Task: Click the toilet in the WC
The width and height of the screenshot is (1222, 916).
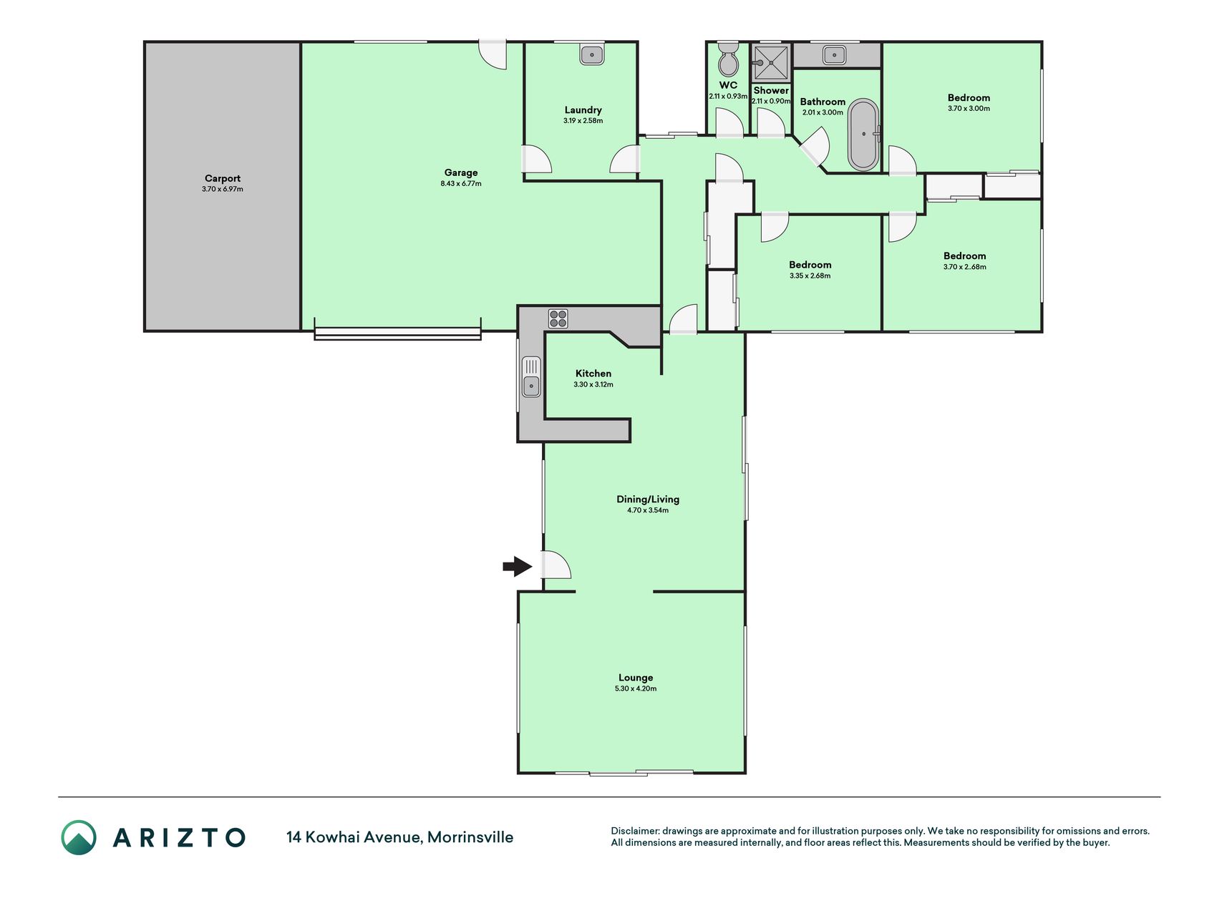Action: pos(728,59)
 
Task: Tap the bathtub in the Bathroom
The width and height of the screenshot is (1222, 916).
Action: pos(863,135)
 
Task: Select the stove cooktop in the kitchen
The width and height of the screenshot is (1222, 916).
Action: pos(558,318)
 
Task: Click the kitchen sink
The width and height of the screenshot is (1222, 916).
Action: pos(531,376)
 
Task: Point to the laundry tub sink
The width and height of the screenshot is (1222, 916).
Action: pos(592,54)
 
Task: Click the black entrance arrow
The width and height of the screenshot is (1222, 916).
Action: pos(517,567)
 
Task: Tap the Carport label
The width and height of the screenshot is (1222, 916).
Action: pos(223,178)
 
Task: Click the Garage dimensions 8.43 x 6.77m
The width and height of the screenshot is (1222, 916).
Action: pos(461,184)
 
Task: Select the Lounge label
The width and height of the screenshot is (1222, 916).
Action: pos(636,678)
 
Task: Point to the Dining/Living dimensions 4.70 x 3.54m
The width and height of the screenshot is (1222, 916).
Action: pos(648,510)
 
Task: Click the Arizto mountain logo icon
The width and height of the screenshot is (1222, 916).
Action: pos(79,837)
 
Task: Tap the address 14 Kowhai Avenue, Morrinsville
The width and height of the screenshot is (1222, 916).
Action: pos(399,837)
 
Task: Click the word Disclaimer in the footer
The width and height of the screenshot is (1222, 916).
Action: pos(634,831)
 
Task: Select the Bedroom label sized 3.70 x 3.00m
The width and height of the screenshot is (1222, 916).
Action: pos(969,98)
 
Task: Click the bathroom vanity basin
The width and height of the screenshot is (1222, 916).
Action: pos(834,54)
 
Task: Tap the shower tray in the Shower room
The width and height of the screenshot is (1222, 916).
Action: pos(771,62)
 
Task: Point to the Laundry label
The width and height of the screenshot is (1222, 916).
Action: pos(583,110)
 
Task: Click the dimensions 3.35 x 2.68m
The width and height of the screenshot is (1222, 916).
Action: pos(810,276)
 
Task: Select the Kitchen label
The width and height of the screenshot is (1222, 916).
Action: pos(593,374)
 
